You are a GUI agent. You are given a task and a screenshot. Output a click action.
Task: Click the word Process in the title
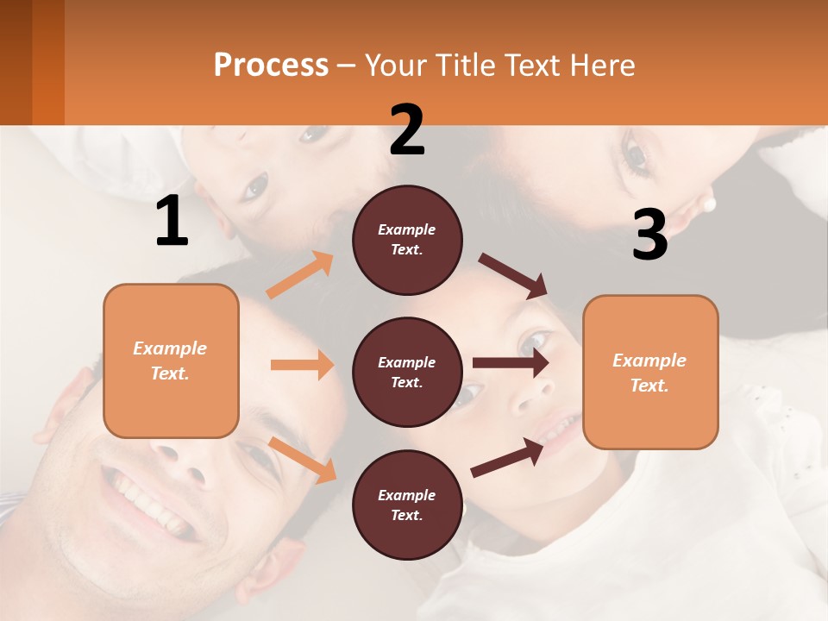271,65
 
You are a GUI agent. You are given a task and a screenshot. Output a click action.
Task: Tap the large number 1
172,222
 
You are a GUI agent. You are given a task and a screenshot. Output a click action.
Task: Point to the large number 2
407,130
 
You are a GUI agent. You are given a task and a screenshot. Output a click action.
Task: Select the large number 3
649,235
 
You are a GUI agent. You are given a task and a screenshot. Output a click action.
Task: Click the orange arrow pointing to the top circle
300,274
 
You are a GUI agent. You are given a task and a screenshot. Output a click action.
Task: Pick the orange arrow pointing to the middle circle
302,365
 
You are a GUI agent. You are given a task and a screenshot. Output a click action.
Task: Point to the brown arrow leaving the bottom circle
508,458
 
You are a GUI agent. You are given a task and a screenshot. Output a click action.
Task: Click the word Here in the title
603,65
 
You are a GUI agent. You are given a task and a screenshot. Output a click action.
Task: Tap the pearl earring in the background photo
710,204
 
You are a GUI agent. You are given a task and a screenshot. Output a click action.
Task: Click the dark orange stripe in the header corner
48,62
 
